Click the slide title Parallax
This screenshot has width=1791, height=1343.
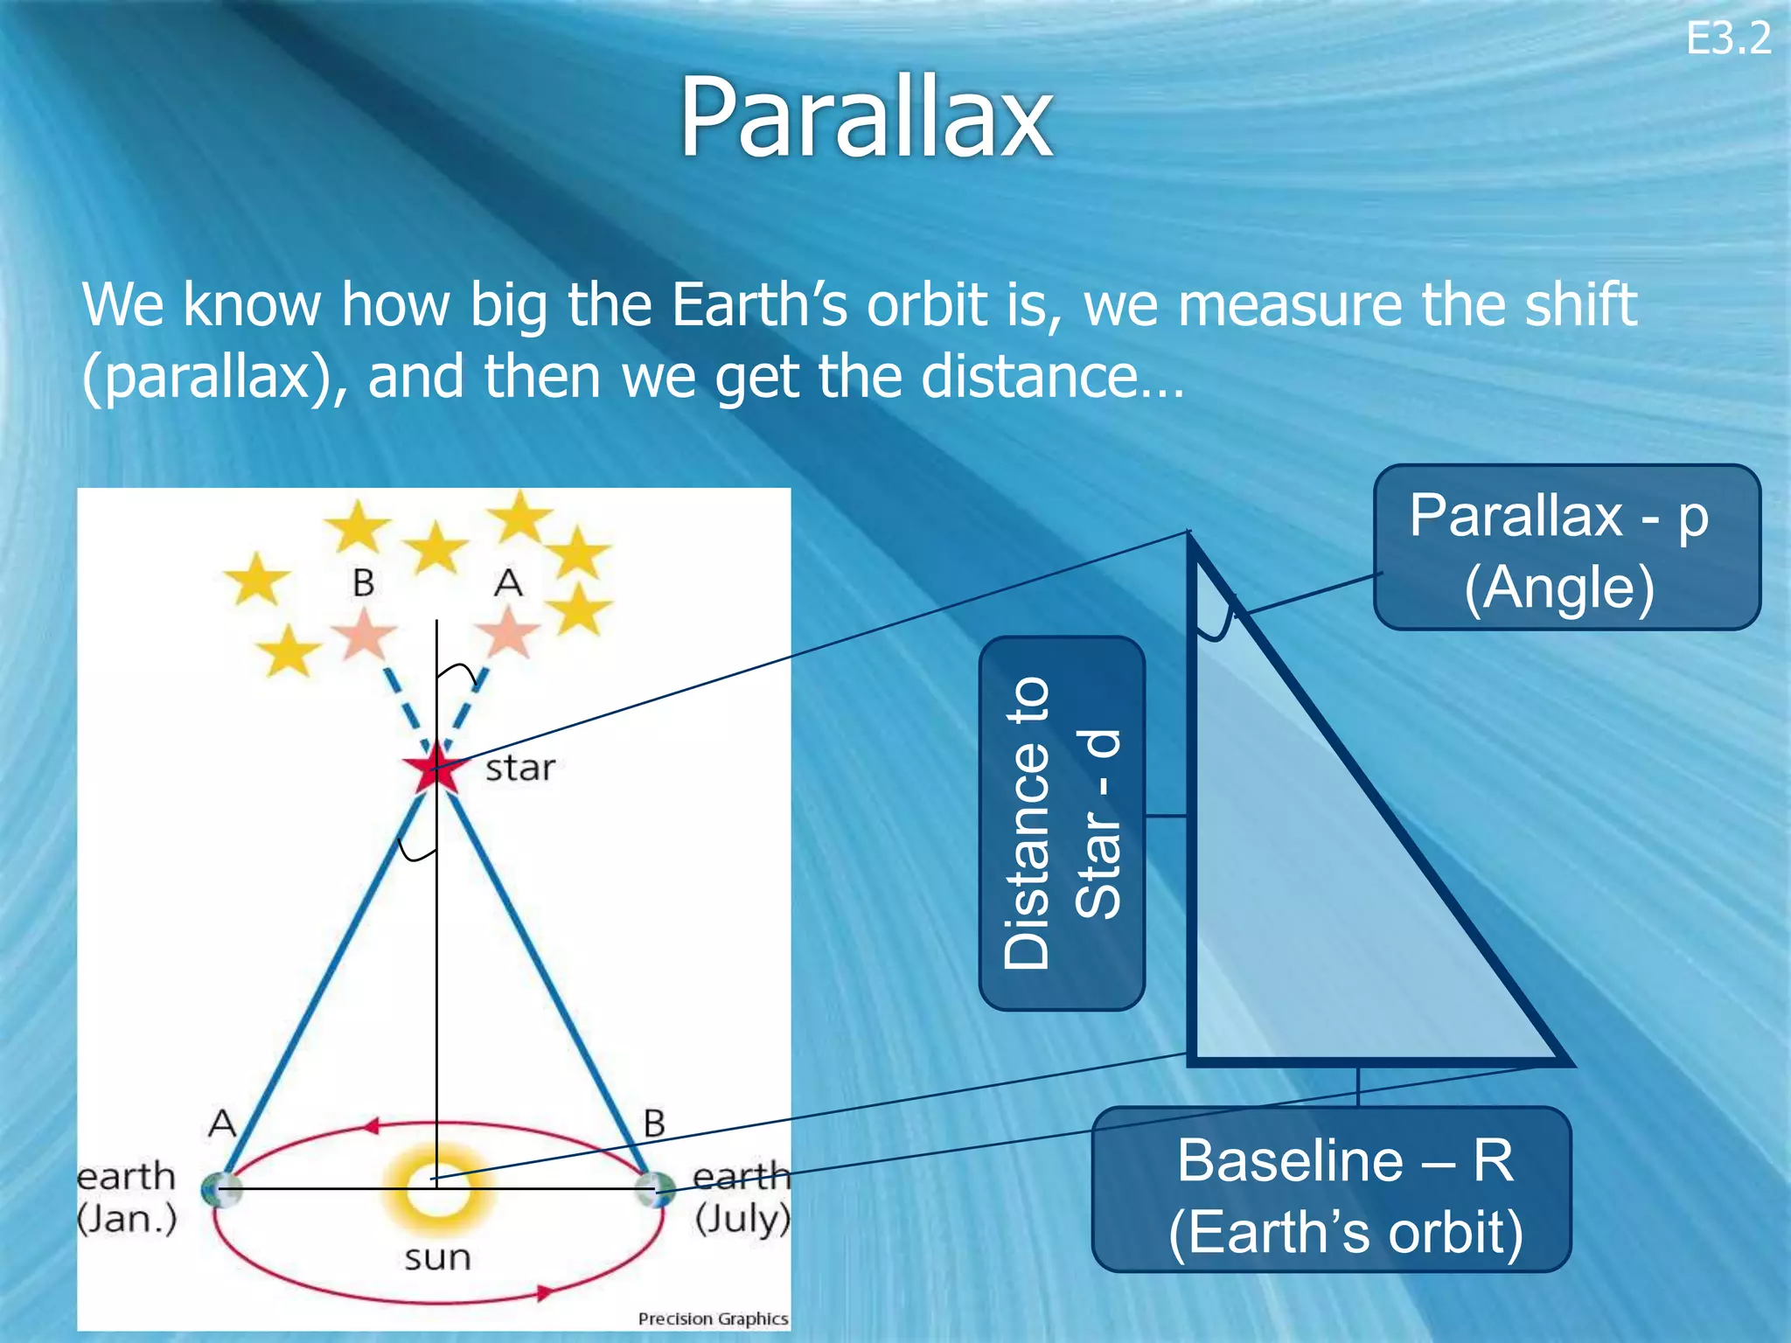[866, 118]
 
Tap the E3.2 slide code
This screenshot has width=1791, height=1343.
[1728, 39]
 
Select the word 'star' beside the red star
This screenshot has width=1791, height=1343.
[520, 769]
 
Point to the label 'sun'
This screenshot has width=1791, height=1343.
[437, 1257]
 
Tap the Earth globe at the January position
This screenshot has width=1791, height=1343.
[219, 1189]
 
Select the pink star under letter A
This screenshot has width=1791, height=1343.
[507, 632]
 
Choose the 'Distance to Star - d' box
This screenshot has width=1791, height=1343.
[1062, 823]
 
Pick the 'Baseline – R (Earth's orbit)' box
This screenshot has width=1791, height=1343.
[1331, 1190]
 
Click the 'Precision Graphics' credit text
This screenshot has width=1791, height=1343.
[713, 1319]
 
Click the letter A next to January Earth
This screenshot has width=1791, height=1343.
[222, 1123]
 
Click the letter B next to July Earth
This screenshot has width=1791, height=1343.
[654, 1124]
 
